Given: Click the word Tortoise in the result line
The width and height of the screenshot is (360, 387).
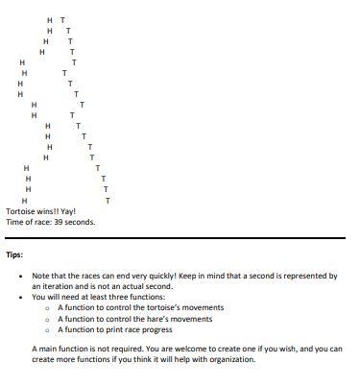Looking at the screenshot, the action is coord(21,210).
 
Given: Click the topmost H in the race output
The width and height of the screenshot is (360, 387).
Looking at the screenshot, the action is coord(50,20).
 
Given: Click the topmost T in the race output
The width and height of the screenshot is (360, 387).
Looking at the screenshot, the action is coord(63,20).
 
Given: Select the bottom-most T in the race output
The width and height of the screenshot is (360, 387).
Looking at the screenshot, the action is coord(108,200).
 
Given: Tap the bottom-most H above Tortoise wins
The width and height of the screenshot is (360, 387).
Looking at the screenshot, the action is coord(24,200).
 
